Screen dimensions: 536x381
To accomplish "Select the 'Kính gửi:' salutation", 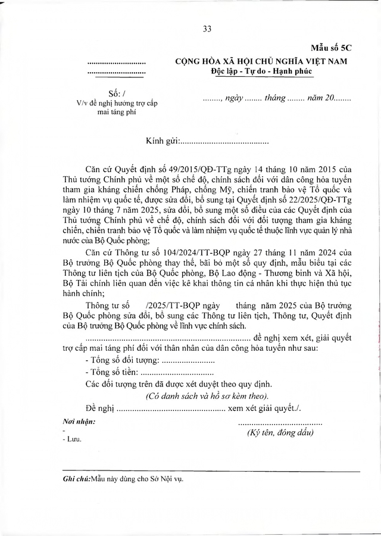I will click(x=163, y=142).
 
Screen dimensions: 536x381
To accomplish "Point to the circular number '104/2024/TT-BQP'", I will click(x=169, y=255).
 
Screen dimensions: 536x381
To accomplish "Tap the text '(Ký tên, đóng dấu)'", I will click(x=280, y=433).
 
